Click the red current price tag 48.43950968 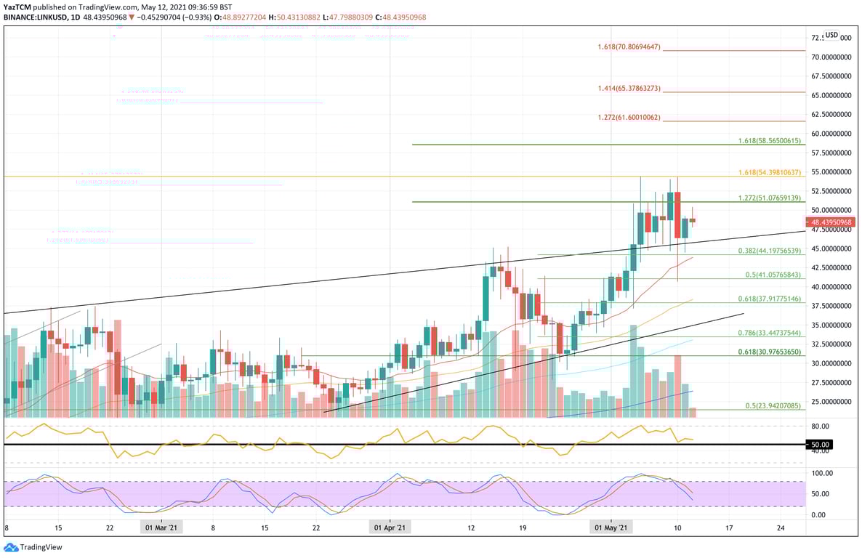click(x=832, y=222)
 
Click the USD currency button click(x=831, y=35)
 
